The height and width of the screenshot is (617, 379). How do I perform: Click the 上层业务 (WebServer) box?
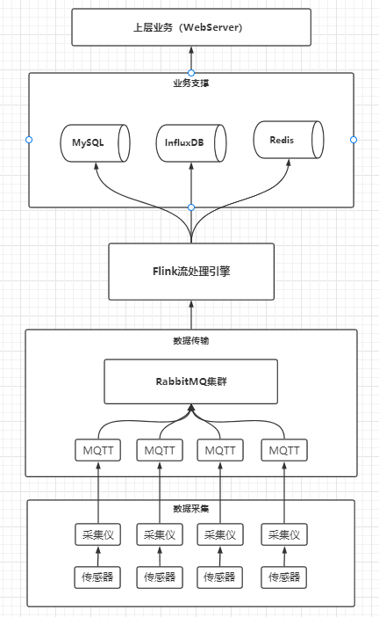click(x=190, y=28)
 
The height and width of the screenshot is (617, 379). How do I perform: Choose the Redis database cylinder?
click(x=287, y=140)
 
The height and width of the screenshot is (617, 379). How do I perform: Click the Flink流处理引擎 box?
click(x=190, y=272)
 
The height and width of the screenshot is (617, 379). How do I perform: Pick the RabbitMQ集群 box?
click(x=190, y=381)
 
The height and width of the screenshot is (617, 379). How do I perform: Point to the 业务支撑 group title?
click(x=190, y=83)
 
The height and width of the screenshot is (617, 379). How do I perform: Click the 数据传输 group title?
click(x=190, y=340)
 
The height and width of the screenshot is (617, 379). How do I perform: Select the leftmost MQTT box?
click(x=97, y=451)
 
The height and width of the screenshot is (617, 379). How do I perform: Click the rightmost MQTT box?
click(x=284, y=451)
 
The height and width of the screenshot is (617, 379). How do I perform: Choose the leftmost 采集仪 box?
click(x=97, y=534)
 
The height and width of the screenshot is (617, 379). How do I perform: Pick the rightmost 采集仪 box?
click(x=284, y=534)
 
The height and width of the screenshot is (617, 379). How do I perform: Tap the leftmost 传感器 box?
click(x=97, y=577)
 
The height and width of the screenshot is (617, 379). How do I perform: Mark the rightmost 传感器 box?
click(x=284, y=577)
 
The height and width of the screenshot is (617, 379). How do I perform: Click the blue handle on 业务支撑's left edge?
click(x=29, y=140)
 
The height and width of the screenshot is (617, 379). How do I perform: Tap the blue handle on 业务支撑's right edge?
click(x=354, y=140)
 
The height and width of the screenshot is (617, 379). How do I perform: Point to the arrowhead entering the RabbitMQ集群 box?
click(x=190, y=410)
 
